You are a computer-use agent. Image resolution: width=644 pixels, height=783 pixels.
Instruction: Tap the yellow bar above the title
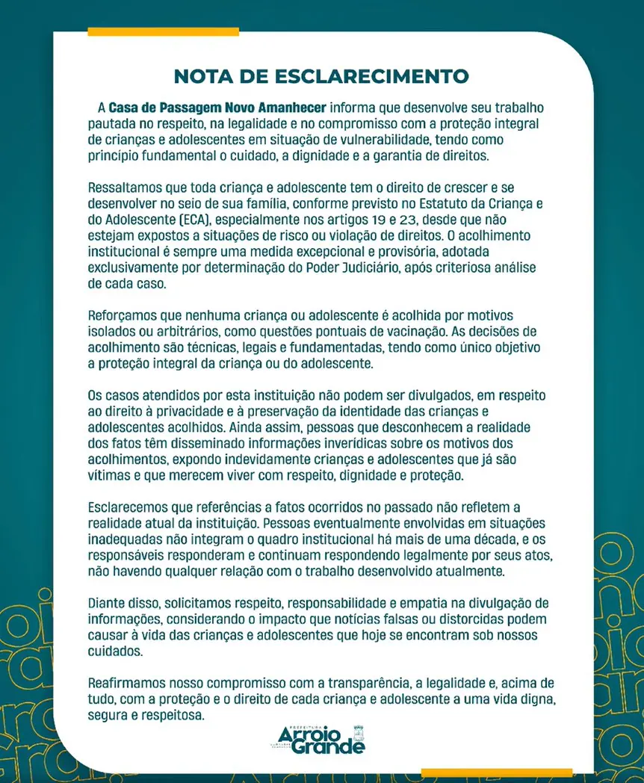163,31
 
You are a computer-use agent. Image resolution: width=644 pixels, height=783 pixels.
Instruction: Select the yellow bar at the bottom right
496,773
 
